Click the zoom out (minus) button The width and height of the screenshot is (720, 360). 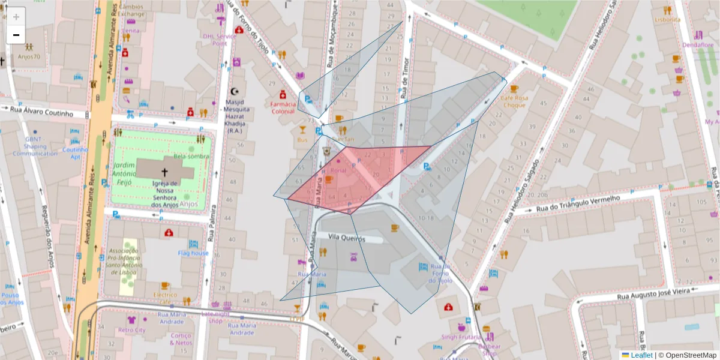(16, 35)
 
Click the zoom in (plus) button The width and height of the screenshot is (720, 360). (16, 17)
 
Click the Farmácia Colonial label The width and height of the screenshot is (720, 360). (283, 107)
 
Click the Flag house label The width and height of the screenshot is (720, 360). (193, 253)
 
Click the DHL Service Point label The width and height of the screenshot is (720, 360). (219, 39)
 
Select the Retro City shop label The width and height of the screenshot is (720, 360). (132, 330)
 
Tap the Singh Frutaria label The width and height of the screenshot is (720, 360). (461, 337)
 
